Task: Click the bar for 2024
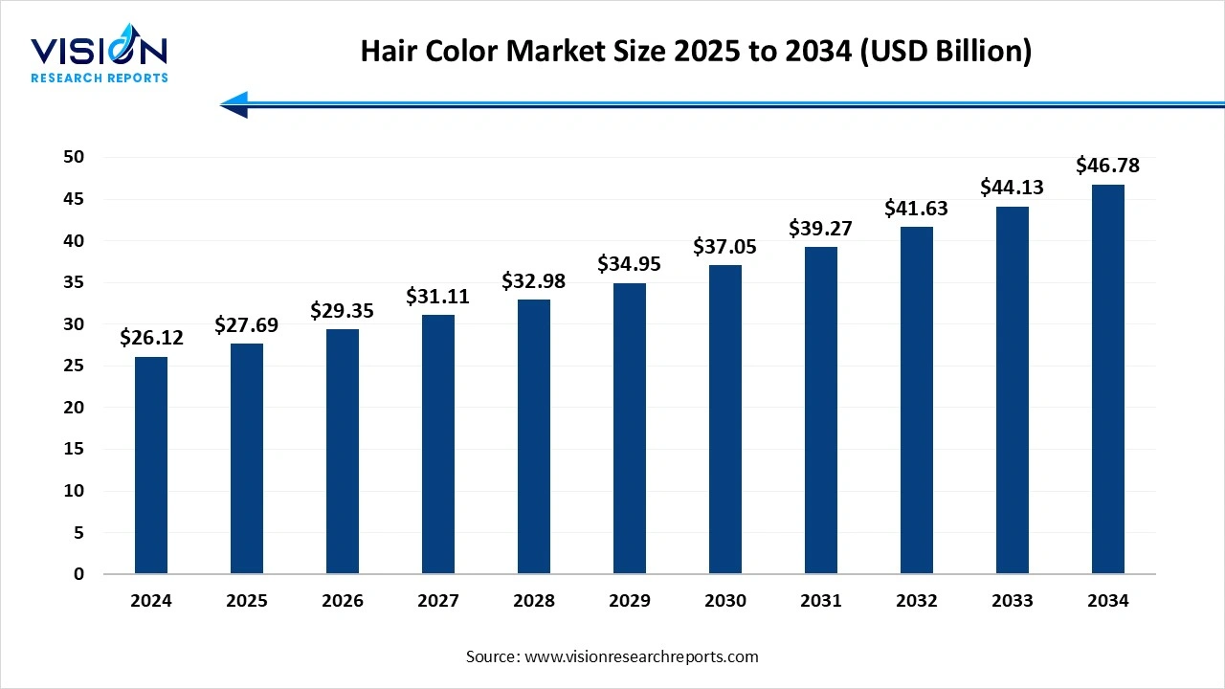[x=151, y=465]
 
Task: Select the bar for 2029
[x=630, y=429]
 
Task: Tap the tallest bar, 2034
[x=1108, y=379]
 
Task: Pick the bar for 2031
[x=821, y=411]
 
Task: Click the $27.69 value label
[x=247, y=325]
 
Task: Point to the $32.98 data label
[x=534, y=281]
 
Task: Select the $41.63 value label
[x=917, y=208]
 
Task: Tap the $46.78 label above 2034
[x=1108, y=166]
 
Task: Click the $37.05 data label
[x=725, y=247]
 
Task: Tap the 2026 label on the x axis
[x=343, y=601]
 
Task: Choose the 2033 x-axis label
[x=1013, y=601]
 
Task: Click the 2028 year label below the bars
[x=534, y=601]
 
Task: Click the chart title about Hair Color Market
[x=696, y=52]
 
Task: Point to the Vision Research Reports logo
[x=100, y=57]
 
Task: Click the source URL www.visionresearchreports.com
[x=641, y=656]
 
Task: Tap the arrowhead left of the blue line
[x=234, y=104]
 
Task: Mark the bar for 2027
[x=438, y=444]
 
